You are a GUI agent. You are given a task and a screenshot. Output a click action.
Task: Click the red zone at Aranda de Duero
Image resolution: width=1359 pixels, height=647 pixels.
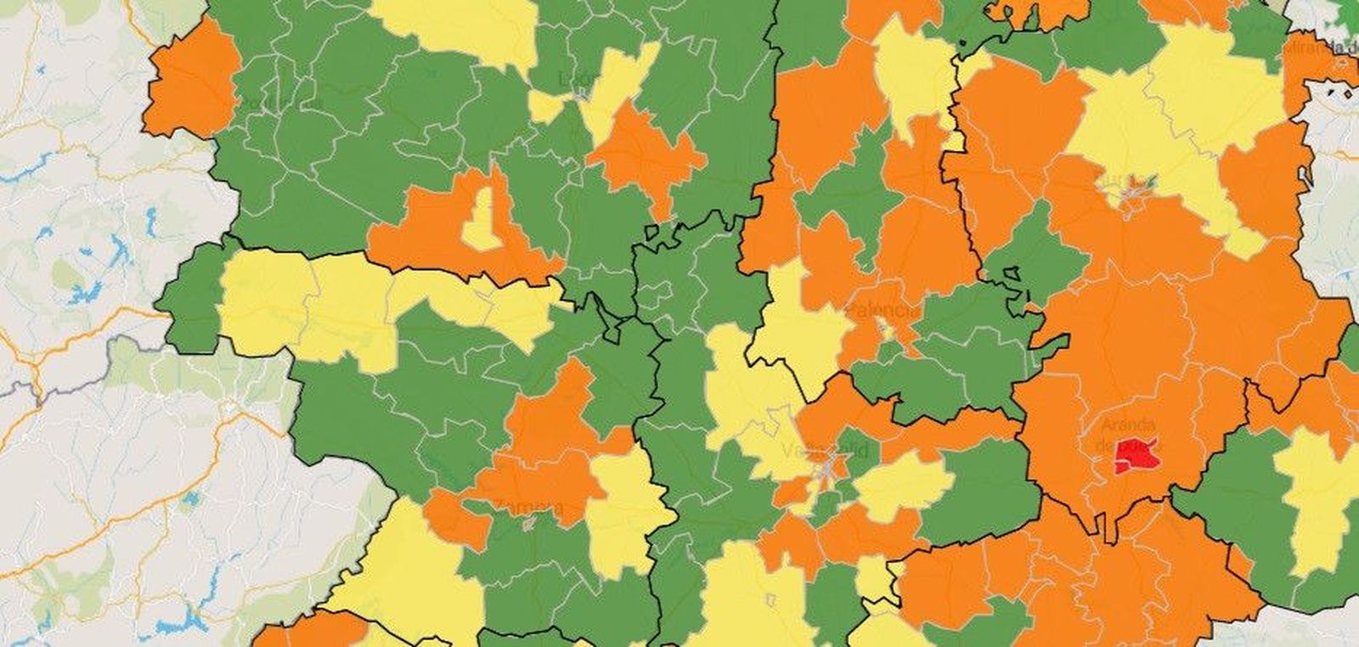pos(1137,456)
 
